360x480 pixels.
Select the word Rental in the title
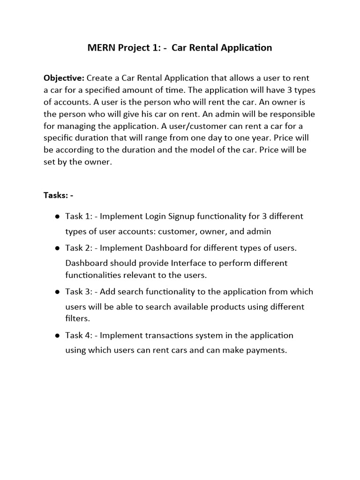[205, 48]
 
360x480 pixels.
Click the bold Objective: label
[64, 78]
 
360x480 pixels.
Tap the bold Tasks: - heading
[58, 195]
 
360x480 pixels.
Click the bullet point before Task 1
[57, 217]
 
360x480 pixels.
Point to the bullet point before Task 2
[57, 248]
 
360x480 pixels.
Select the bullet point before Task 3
[57, 292]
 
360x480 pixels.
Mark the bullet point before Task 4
[57, 336]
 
